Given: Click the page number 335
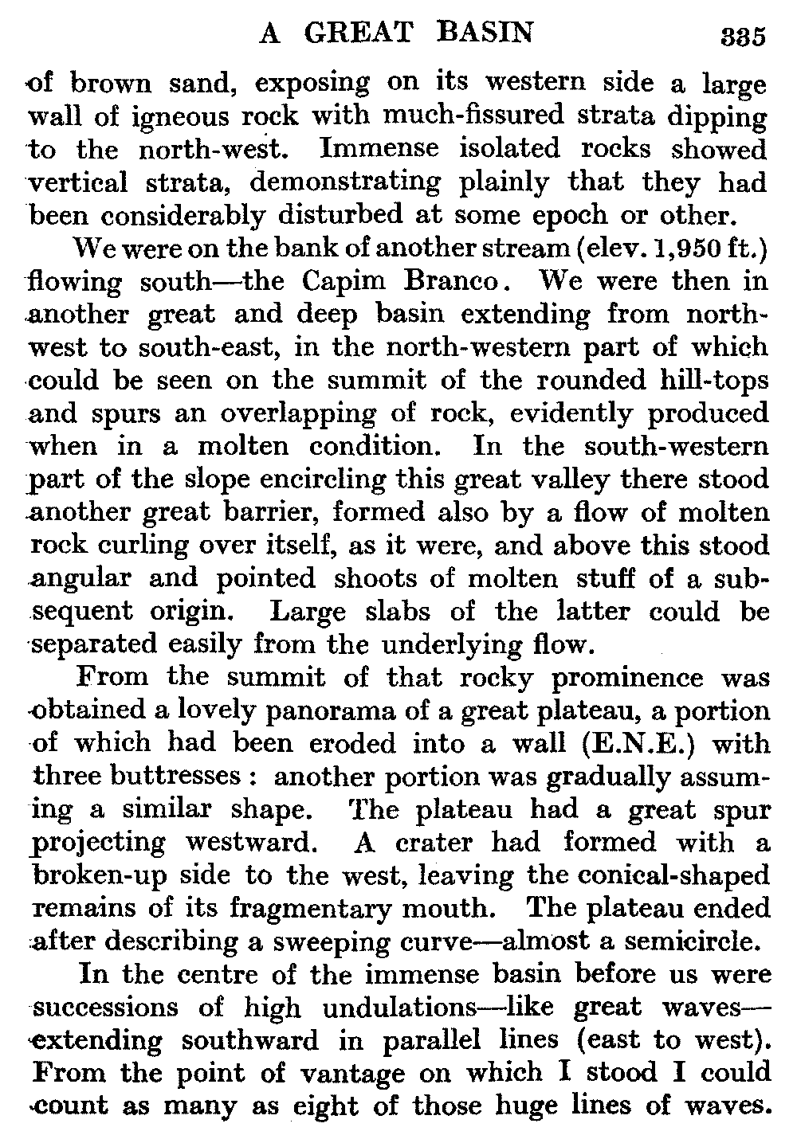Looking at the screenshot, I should pos(741,37).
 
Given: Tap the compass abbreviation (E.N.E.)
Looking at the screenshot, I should pos(642,744).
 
